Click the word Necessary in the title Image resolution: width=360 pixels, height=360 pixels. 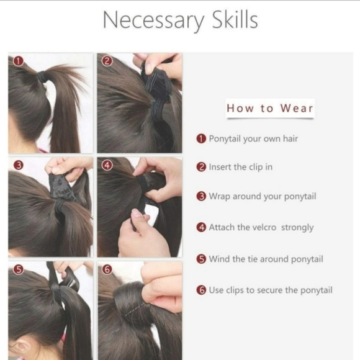tap(153, 20)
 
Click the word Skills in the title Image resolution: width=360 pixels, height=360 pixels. tap(235, 20)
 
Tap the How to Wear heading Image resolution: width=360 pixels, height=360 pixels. tap(270, 108)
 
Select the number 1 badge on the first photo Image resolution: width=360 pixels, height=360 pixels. tap(19, 61)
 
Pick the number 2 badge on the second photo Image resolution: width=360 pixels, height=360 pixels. tap(107, 61)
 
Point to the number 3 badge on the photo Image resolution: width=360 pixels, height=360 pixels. tap(19, 165)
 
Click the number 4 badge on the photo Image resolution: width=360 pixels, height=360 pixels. tap(107, 165)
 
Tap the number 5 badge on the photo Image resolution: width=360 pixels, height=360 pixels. tap(19, 269)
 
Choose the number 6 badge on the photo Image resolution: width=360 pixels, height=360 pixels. tap(107, 269)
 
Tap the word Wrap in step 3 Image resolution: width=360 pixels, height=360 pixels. tap(219, 197)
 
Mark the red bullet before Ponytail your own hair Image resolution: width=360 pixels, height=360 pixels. tap(201, 139)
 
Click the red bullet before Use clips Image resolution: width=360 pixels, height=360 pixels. tap(201, 290)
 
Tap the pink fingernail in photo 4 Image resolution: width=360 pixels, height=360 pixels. tap(138, 214)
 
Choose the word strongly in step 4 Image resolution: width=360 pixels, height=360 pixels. tap(297, 228)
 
